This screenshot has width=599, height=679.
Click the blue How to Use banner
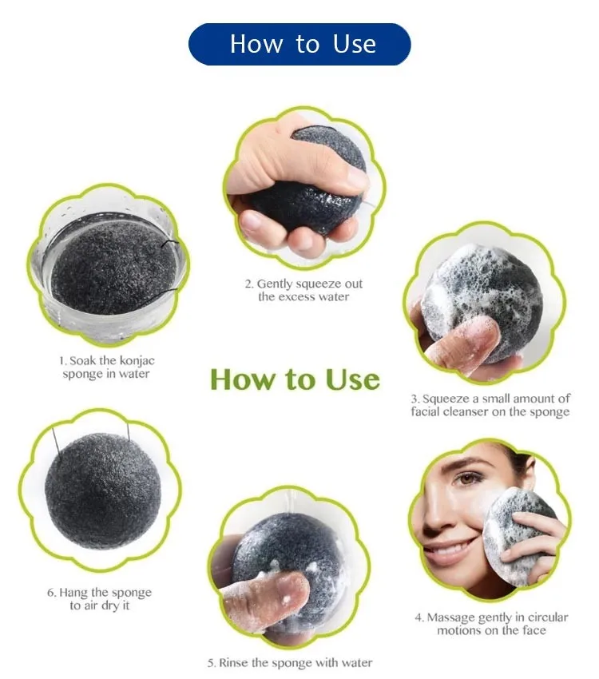click(x=299, y=44)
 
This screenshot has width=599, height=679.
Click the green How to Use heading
click(x=296, y=379)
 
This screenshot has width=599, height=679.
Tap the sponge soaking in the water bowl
click(x=114, y=266)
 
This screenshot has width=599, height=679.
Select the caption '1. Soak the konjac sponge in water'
click(x=106, y=367)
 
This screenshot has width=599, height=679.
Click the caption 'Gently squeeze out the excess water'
click(x=303, y=290)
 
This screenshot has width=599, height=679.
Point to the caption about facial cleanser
click(x=490, y=405)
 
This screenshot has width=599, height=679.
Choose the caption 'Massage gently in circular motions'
click(x=491, y=624)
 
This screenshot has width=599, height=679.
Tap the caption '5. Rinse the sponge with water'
click(x=290, y=662)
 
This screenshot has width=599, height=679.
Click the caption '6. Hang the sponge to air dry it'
click(x=100, y=598)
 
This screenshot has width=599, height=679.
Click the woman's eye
click(x=468, y=478)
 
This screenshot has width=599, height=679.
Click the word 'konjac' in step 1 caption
click(x=137, y=361)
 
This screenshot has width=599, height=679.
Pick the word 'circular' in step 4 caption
click(x=548, y=617)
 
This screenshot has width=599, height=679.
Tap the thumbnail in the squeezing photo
click(x=355, y=177)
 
